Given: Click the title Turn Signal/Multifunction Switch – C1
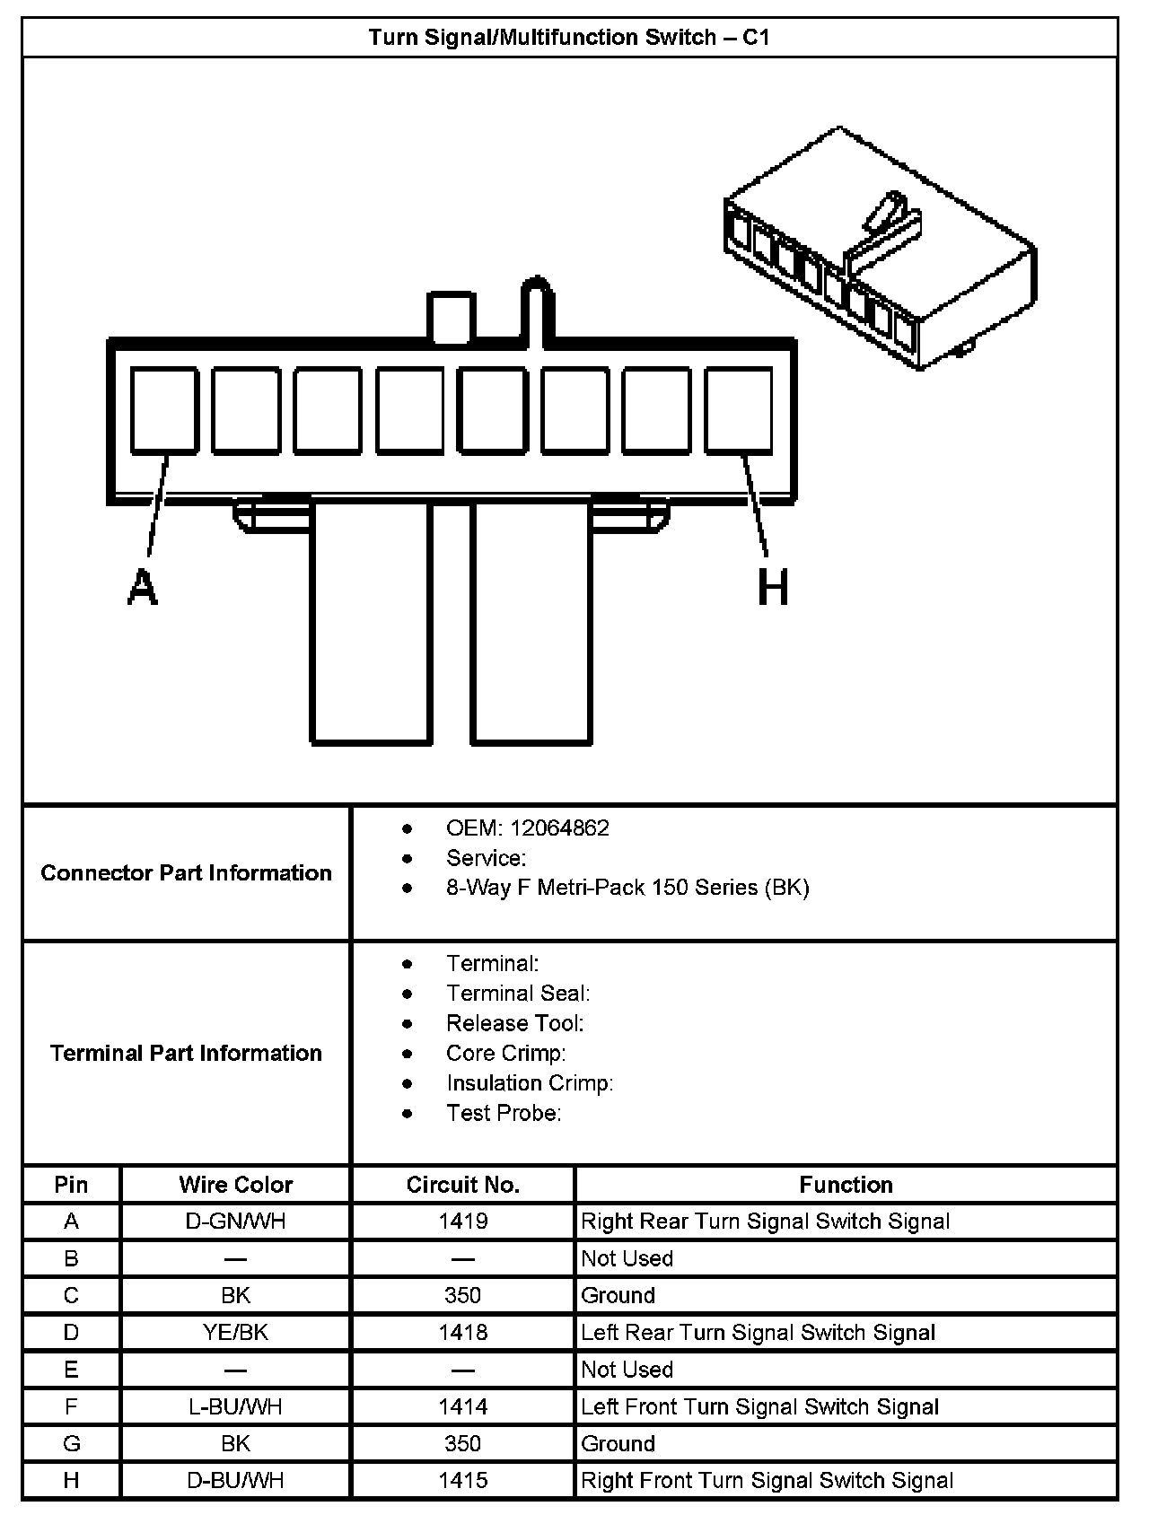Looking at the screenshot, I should tap(569, 38).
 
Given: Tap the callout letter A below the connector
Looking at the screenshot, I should tap(142, 589).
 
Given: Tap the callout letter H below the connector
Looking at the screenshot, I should tap(773, 589).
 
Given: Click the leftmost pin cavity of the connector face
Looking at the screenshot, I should tap(164, 409).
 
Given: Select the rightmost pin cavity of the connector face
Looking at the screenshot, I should tap(738, 409).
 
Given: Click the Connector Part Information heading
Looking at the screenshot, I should tap(187, 872).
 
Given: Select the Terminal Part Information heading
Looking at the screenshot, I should tap(187, 1053).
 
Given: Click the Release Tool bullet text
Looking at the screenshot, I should tap(514, 1023).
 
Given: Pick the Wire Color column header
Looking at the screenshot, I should tap(235, 1185).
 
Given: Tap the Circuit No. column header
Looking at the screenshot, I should tap(462, 1185).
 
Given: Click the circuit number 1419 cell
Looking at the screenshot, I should tap(462, 1222).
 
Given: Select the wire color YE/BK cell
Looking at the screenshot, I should tap(235, 1333).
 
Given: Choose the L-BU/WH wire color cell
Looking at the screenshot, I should tap(235, 1406).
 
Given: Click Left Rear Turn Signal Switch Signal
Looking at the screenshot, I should tap(758, 1333).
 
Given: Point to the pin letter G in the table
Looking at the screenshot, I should tap(71, 1444).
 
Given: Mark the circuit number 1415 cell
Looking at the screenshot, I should tap(462, 1481).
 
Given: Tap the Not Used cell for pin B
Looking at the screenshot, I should tap(627, 1258).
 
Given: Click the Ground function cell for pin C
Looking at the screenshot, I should tap(618, 1295).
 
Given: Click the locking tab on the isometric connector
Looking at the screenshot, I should tap(884, 224).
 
